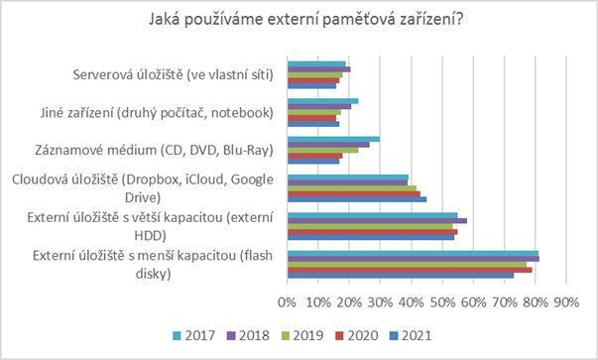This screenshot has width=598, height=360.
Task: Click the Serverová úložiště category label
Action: pos(174,75)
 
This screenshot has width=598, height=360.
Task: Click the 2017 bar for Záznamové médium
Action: pos(333,139)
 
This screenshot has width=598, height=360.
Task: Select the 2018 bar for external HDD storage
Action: pos(377,220)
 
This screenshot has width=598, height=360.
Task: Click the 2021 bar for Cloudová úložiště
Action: pos(356,199)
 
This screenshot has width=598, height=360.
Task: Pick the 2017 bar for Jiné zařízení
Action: pos(322,101)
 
